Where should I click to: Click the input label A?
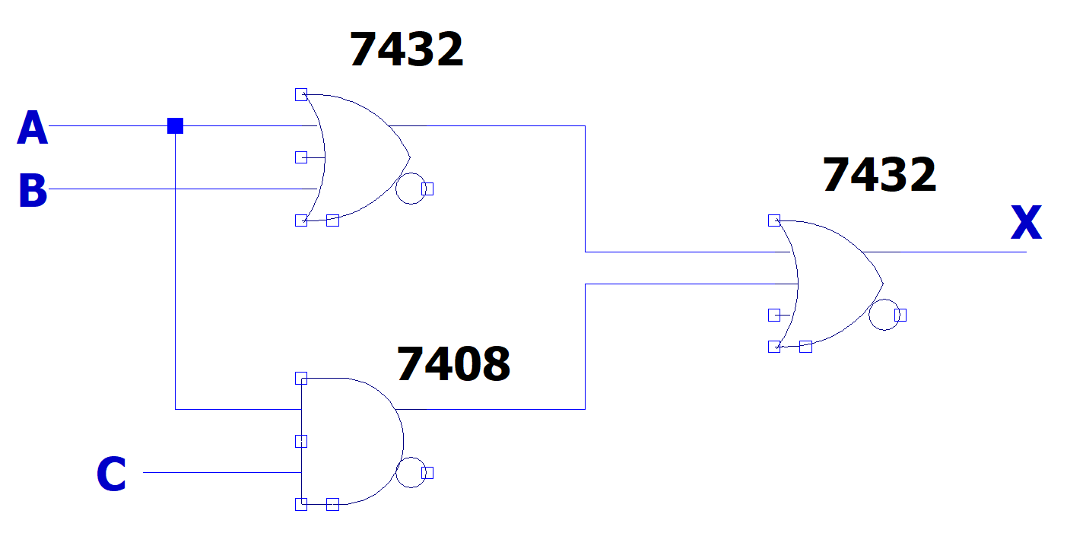(32, 128)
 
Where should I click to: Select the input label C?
(111, 474)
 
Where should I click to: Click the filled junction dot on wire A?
(175, 125)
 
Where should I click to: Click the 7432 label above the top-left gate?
(406, 50)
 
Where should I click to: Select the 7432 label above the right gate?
(879, 175)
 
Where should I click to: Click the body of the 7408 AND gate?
(350, 441)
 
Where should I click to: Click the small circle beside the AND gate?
(411, 473)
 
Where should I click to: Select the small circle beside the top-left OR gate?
(411, 189)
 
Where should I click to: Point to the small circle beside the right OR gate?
(884, 315)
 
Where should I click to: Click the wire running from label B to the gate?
(183, 189)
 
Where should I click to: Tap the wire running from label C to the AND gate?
(221, 472)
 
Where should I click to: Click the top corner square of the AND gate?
(301, 378)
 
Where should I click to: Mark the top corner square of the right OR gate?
(774, 220)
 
